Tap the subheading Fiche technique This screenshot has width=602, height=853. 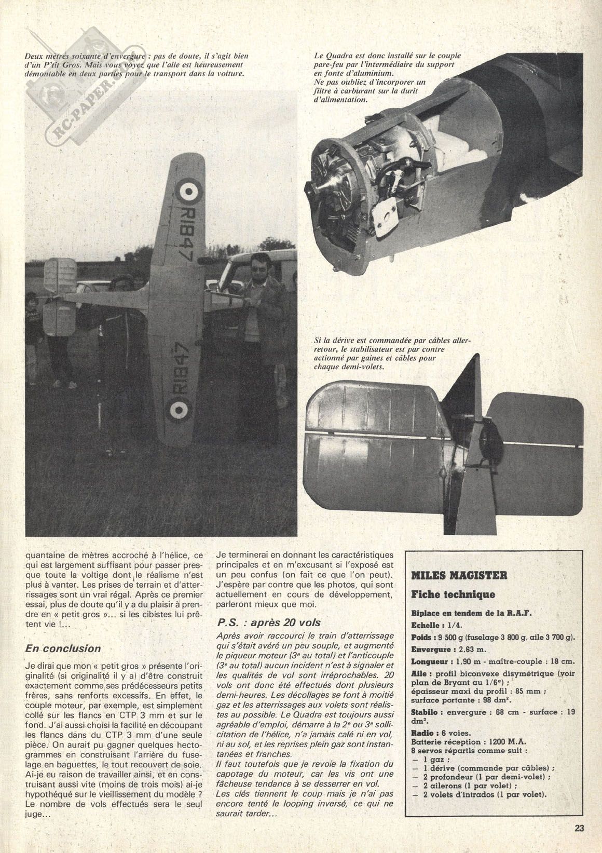click(453, 594)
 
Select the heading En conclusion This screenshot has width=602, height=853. click(63, 648)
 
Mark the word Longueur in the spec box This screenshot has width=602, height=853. click(431, 662)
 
